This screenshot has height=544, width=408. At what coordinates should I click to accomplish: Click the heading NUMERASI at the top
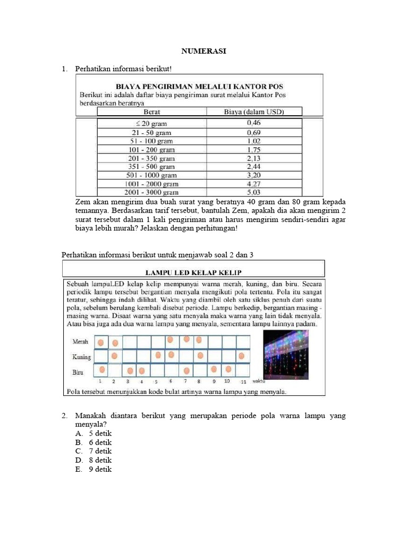tap(204, 51)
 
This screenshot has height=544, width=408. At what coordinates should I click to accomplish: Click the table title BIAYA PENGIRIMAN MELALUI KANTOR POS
tap(200, 86)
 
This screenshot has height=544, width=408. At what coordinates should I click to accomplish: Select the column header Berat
tap(152, 112)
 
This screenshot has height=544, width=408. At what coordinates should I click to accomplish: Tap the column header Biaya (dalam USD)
tap(254, 112)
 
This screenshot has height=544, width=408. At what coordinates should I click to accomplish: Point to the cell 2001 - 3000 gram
tap(153, 192)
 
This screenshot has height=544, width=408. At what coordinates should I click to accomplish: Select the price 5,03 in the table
tap(254, 192)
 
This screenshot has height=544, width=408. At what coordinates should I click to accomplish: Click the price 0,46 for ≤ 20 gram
tap(254, 123)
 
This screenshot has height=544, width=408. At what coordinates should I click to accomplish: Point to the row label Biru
tap(78, 372)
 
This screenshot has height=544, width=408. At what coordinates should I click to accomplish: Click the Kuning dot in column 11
tap(241, 355)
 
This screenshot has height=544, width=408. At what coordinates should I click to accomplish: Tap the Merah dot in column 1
tap(100, 341)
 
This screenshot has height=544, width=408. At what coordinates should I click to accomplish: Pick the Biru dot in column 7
tap(186, 370)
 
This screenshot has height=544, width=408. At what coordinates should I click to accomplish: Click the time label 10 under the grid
tap(227, 381)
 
